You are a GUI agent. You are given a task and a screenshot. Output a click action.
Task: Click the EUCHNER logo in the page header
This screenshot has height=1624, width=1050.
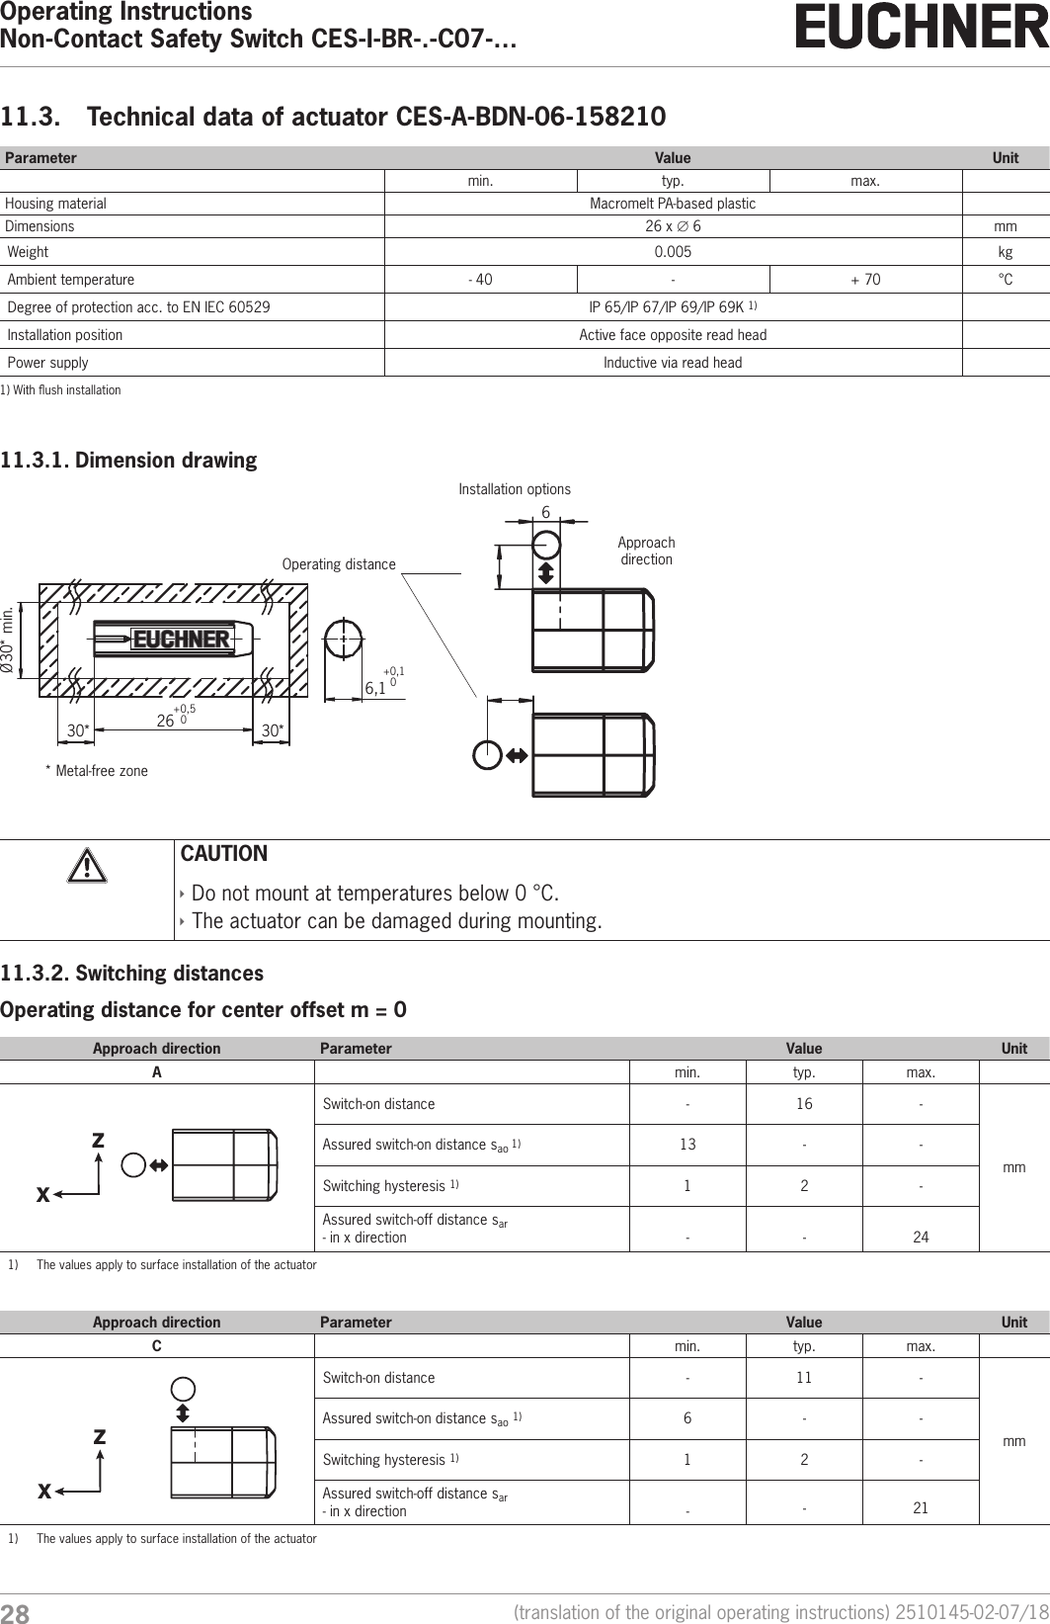click(x=922, y=28)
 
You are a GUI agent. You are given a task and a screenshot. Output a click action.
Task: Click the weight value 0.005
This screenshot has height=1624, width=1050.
click(x=673, y=252)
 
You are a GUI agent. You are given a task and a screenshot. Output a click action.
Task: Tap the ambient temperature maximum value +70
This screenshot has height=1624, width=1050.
click(x=865, y=280)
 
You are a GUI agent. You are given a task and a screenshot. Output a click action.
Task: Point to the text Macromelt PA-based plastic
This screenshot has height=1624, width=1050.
click(x=673, y=204)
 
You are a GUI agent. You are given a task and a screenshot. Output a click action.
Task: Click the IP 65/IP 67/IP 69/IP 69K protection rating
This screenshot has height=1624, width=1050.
click(x=673, y=306)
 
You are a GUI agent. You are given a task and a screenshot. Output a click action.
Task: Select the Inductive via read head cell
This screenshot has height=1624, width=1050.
click(x=673, y=363)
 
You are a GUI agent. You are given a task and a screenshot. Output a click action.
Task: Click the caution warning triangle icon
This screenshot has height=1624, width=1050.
click(x=86, y=867)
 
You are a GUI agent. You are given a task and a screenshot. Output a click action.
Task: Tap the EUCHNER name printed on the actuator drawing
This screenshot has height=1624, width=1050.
click(x=181, y=640)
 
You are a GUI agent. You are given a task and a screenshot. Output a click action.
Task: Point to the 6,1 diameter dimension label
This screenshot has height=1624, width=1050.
click(x=376, y=687)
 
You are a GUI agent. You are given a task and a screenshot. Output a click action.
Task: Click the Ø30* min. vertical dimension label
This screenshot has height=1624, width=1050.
click(x=10, y=640)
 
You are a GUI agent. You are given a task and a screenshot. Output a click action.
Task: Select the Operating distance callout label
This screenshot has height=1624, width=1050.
click(x=339, y=564)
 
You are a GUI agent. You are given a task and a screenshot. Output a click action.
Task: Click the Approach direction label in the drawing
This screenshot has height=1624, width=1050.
click(x=646, y=551)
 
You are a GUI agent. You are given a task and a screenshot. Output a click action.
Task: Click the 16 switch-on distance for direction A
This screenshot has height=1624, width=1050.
click(x=804, y=1104)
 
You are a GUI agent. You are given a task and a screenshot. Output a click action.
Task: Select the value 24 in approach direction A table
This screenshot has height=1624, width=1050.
click(x=921, y=1237)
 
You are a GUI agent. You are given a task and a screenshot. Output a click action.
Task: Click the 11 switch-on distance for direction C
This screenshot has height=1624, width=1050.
click(x=804, y=1378)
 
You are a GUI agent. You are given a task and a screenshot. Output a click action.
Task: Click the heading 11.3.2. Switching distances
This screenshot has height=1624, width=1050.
click(x=132, y=974)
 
